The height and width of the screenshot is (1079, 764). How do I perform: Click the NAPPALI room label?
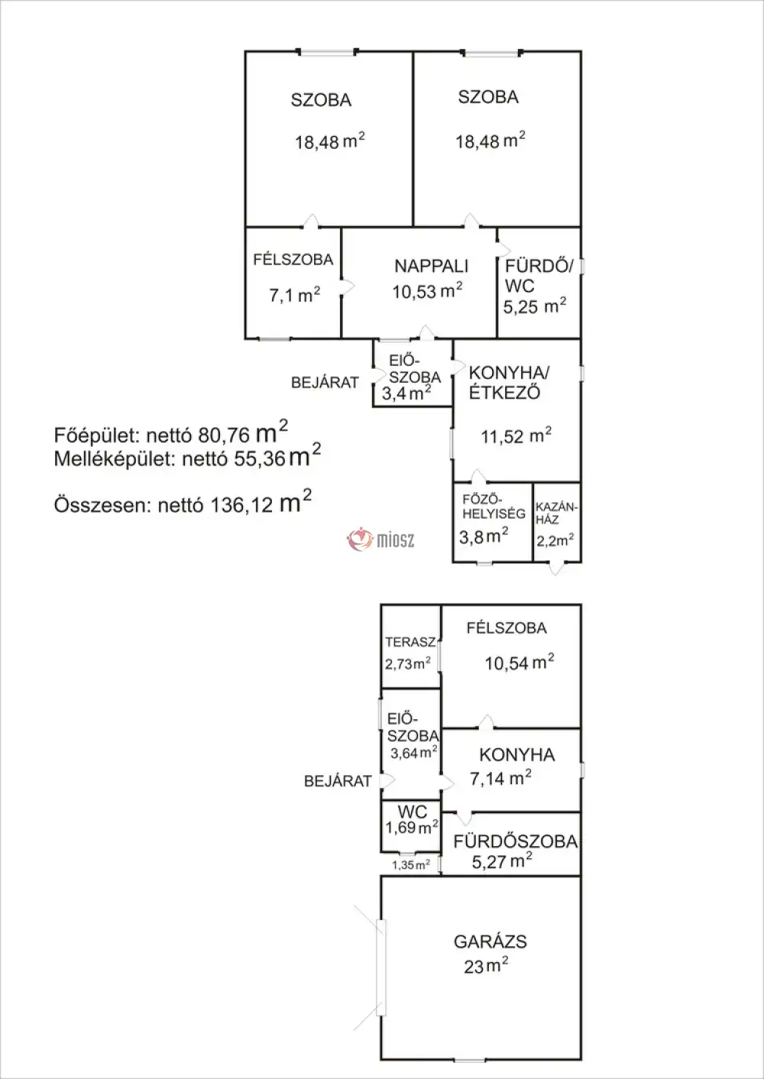coord(431,266)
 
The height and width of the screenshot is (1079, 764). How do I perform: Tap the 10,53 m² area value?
coord(427,291)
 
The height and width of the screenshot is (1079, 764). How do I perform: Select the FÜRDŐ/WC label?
coord(539,276)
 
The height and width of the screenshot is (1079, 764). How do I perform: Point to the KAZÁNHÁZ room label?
coord(558,513)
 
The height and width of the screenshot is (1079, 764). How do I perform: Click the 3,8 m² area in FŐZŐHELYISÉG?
coord(484,536)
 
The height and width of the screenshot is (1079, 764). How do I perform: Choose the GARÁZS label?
coord(490,942)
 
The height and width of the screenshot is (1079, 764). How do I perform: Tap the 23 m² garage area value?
coord(486,966)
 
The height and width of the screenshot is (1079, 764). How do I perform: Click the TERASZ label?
coord(410,642)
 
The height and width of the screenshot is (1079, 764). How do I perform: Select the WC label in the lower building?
coord(412,812)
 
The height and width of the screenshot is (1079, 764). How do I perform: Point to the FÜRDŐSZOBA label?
coord(515,842)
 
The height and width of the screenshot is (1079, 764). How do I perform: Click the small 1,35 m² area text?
coord(411,865)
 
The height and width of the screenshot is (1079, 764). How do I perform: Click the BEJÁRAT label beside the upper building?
coord(325,382)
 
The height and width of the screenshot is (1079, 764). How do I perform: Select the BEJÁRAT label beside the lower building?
coord(338,781)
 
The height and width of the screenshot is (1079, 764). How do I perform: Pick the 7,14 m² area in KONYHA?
coord(501,779)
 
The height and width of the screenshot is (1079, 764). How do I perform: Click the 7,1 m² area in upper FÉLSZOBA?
coord(294,295)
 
